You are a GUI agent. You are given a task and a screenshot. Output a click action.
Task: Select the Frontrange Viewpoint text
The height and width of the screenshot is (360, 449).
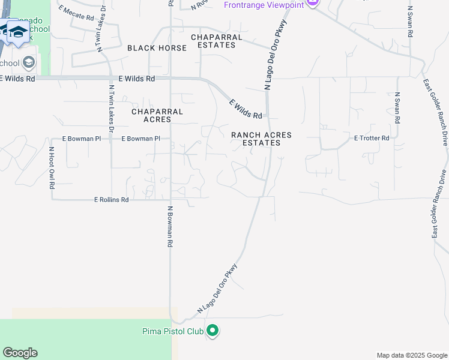(262, 4)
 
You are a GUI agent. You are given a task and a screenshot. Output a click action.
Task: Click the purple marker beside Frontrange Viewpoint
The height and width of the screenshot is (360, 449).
(312, 3)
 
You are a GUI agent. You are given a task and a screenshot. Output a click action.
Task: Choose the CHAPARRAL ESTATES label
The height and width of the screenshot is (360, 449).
(217, 41)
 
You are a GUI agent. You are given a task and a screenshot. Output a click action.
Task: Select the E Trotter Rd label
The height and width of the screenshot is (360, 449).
(372, 138)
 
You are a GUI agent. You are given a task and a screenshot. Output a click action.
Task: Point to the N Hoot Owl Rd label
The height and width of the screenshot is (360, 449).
(52, 168)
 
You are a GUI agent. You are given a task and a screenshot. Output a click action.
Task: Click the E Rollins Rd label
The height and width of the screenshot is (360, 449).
(111, 200)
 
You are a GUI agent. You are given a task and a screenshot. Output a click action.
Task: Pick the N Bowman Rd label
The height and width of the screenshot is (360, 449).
(170, 227)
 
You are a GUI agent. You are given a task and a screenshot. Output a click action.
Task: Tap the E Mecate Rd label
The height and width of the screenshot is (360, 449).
(77, 13)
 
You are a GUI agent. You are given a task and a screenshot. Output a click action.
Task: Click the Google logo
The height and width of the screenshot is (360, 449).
(20, 352)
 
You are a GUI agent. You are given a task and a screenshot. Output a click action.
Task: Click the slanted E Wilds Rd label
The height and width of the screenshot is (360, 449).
(246, 109)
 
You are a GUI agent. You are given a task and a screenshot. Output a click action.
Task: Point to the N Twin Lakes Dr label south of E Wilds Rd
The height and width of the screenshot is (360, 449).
(111, 110)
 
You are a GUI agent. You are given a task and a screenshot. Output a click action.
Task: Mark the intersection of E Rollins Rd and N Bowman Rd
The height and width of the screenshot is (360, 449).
(170, 200)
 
